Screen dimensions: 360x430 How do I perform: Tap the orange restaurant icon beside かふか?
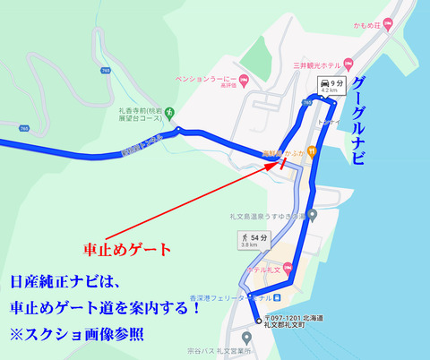[x=264, y=153]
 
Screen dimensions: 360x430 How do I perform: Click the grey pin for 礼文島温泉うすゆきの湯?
[x=311, y=215]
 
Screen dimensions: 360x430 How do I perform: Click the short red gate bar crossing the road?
[x=283, y=164]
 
